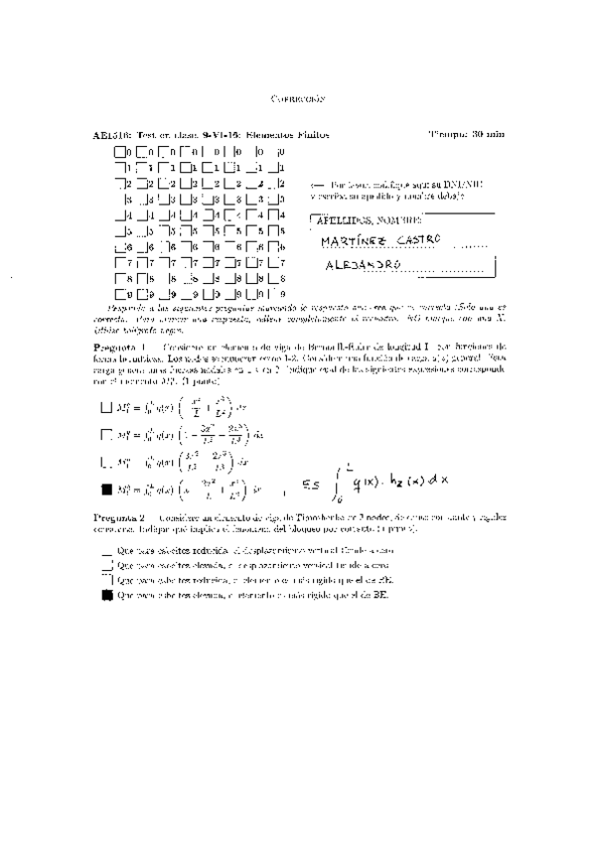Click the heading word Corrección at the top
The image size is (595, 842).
pos(298,100)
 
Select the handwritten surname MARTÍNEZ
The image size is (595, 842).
pos(356,241)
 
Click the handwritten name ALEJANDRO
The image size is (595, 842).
pos(364,266)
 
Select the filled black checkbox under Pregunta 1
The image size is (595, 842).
pos(107,489)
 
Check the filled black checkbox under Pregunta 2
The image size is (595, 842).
pos(107,596)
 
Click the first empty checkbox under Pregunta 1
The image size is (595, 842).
pos(107,405)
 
